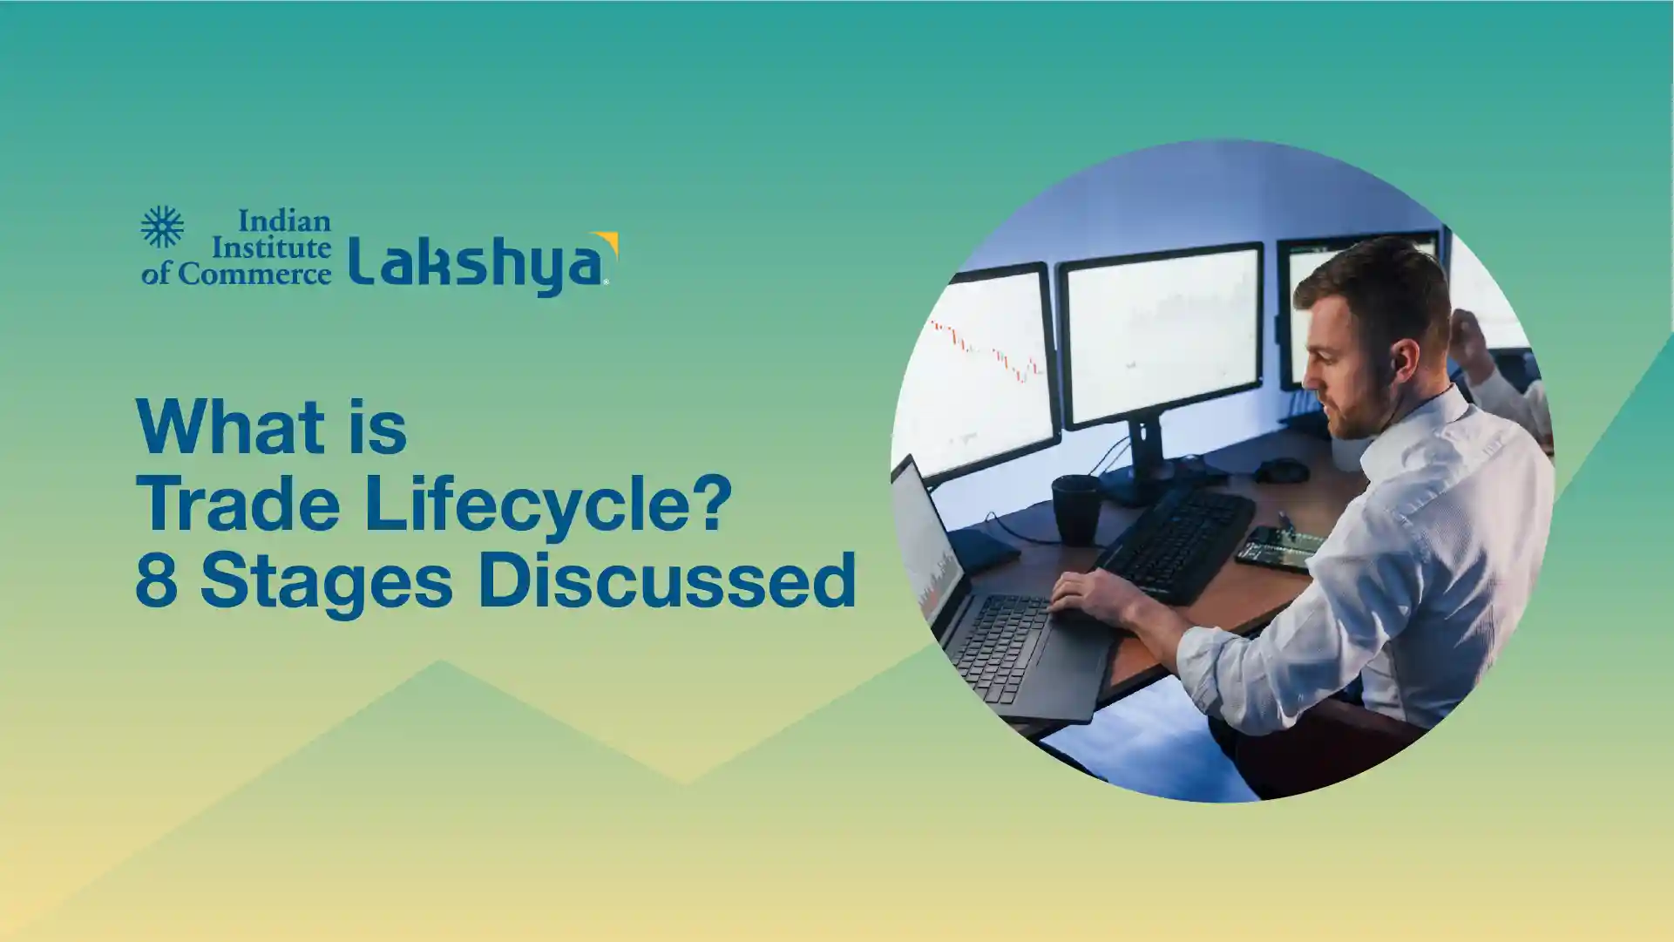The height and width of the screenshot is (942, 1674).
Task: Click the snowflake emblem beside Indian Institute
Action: pos(162,227)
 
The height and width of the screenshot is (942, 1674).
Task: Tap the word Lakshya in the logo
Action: pos(478,262)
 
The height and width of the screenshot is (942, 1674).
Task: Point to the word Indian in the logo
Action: pos(284,220)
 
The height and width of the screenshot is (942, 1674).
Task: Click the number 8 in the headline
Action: pos(158,580)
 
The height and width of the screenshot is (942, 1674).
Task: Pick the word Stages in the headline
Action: pos(327,583)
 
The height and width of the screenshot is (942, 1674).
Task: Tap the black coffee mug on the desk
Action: pos(1076,509)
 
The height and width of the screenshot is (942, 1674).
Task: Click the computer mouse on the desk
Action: pos(1281,471)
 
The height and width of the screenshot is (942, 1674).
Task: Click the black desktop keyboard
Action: pos(1176,546)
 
